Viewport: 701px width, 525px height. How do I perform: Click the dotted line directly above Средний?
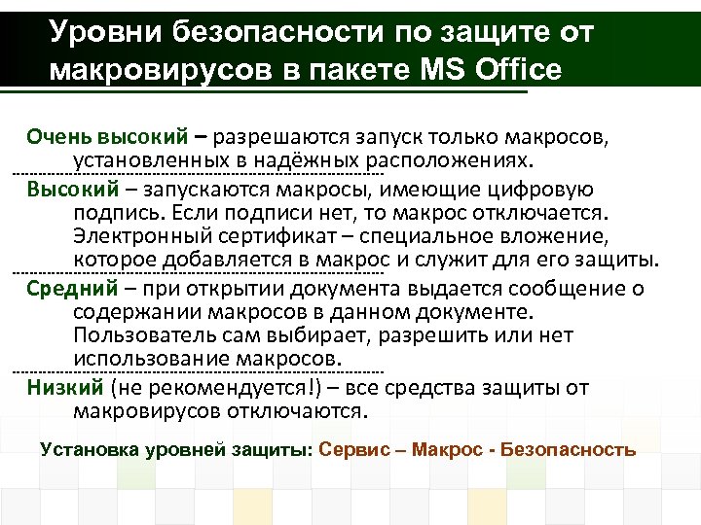tap(196, 273)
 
